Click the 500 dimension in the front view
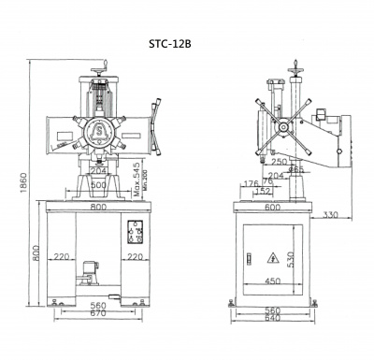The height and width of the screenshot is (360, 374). pos(97,184)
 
